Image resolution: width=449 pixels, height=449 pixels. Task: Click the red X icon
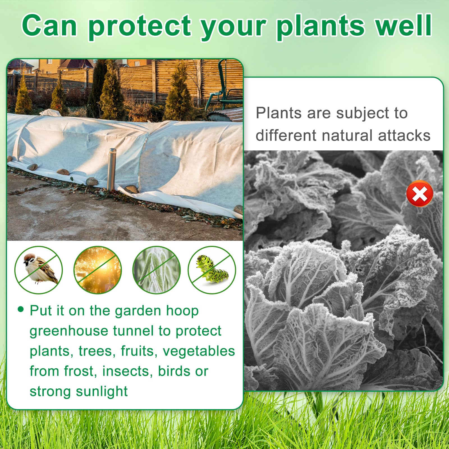point(420,194)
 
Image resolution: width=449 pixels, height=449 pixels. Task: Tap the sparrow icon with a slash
point(39,270)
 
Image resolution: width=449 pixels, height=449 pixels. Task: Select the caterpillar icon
point(212,270)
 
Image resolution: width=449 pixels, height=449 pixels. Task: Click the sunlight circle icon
point(98,270)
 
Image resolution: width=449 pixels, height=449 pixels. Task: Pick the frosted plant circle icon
point(157,270)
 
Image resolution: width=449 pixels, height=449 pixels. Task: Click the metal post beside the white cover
point(112,169)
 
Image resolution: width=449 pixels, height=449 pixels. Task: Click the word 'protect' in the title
point(140,26)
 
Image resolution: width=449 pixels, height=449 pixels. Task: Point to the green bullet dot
point(21,309)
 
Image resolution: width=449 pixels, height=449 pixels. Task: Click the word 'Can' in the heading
point(50,25)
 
